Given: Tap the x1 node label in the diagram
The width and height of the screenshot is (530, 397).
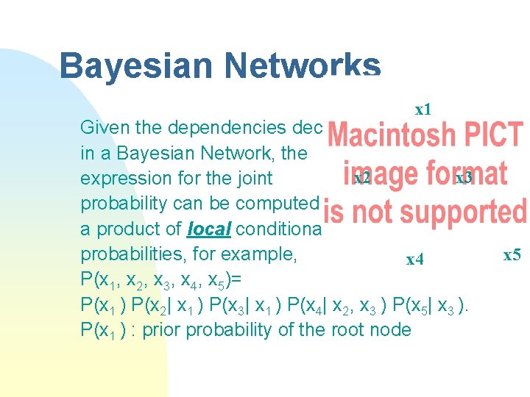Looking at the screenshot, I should point(423,110).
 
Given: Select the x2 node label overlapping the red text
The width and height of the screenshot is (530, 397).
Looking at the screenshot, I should point(361,178).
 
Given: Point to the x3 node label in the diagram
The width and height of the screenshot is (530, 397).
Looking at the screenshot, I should point(463,178).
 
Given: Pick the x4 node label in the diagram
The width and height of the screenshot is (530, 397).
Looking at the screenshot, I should point(415,260).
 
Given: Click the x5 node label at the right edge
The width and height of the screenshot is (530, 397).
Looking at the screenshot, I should point(512,255).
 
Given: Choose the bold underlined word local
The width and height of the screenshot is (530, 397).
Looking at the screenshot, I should point(210,229).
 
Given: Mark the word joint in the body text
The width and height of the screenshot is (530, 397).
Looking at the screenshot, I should point(252,179).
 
